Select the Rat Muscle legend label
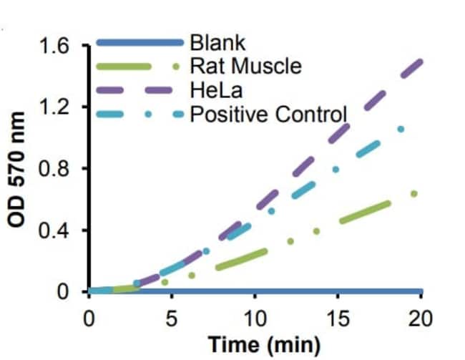pos(245,68)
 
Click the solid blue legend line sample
pos(139,45)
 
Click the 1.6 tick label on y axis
pos(59,47)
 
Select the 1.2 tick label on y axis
pos(59,108)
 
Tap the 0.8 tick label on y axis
pos(59,170)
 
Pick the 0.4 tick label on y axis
pos(59,231)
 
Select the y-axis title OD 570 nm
pos(19,170)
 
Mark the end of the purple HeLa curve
pos(421,62)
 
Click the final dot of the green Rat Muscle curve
pos(413,193)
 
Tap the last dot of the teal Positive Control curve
pos(401,130)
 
